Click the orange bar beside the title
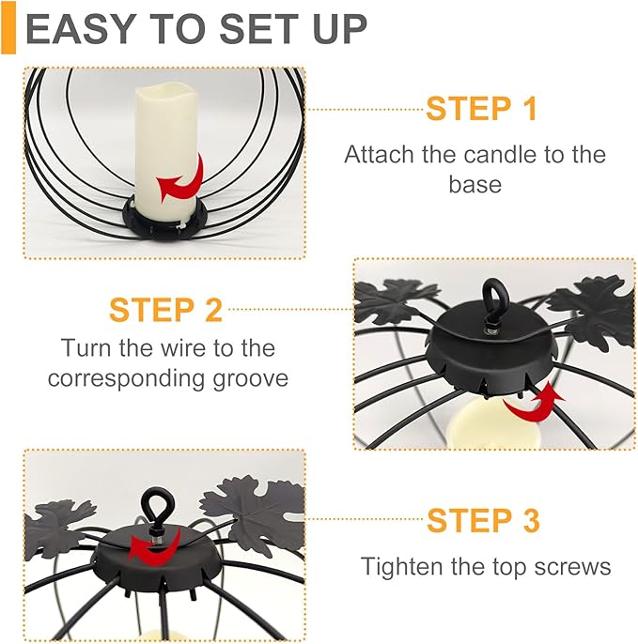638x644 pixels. pos(8,27)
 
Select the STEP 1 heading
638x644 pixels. pos(482,109)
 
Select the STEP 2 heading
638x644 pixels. pos(165,310)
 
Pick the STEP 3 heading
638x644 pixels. pos(483,520)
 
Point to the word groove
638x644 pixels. pos(250,378)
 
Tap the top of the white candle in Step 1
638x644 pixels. pos(165,91)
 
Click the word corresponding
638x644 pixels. pos(125,378)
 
